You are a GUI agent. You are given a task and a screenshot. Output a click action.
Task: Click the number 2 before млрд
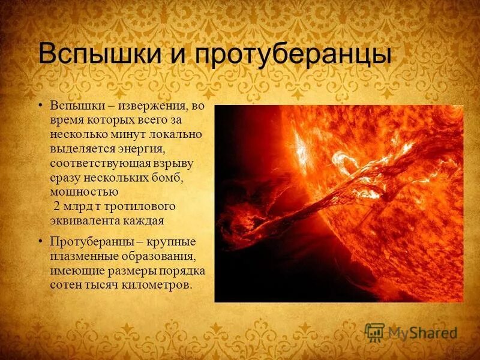point(58,206)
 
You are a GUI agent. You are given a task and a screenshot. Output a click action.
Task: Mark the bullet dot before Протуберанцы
point(41,241)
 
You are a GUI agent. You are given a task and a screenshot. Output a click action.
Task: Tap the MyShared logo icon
point(375,332)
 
